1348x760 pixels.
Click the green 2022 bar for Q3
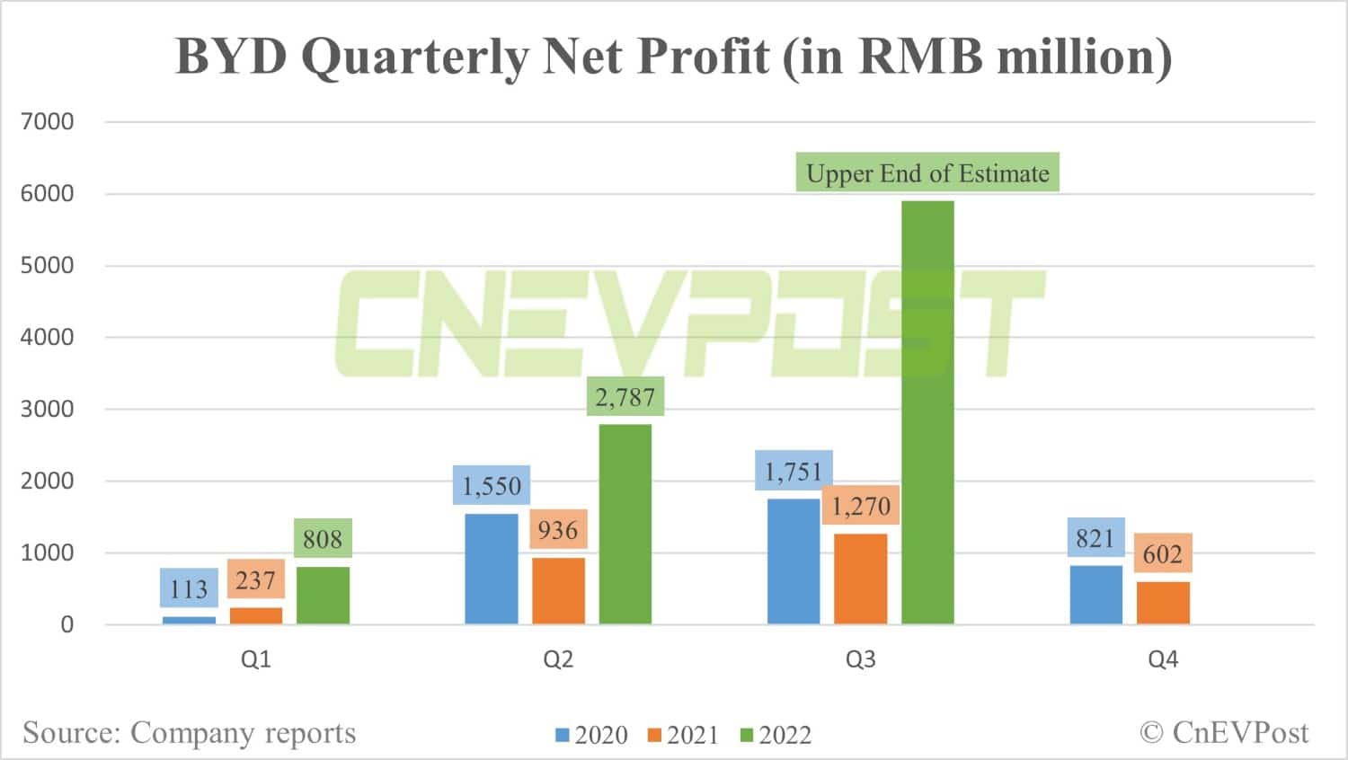click(927, 413)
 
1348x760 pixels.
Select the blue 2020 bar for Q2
click(492, 569)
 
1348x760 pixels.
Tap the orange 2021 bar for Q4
click(1163, 603)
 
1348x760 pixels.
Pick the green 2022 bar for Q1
click(323, 596)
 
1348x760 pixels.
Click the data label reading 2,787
click(625, 396)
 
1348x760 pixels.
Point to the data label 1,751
click(794, 471)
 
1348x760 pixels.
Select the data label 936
click(558, 530)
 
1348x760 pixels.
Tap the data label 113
click(189, 588)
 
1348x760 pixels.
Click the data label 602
click(1162, 553)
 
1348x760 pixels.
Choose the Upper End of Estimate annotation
click(927, 172)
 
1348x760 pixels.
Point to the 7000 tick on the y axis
click(48, 121)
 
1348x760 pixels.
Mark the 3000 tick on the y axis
click(48, 409)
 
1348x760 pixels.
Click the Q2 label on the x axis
click(558, 659)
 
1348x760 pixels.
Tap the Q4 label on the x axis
click(1163, 659)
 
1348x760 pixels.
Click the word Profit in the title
click(704, 56)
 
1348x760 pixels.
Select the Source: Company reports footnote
click(190, 732)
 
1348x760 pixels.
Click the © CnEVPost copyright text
click(1224, 732)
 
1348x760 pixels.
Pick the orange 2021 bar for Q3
click(861, 579)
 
